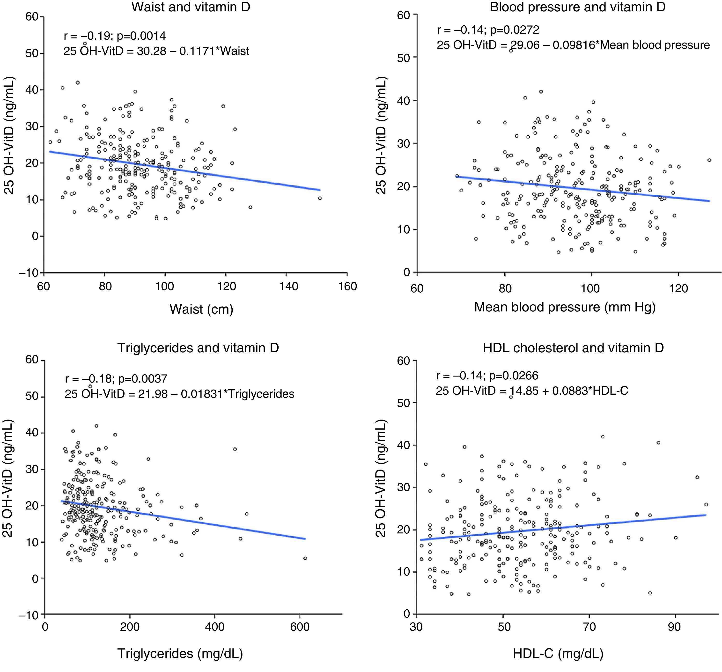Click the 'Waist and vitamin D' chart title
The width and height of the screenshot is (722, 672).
pyautogui.click(x=191, y=7)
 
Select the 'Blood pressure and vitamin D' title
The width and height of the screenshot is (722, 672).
pyautogui.click(x=577, y=7)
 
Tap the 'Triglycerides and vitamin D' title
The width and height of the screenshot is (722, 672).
pyautogui.click(x=198, y=348)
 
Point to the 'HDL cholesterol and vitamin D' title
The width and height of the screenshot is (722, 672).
pyautogui.click(x=573, y=348)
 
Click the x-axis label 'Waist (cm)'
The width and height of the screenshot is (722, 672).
pyautogui.click(x=201, y=309)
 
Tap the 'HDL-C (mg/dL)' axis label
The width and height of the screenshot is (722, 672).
pyautogui.click(x=558, y=654)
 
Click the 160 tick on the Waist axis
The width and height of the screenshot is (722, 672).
pyautogui.click(x=347, y=287)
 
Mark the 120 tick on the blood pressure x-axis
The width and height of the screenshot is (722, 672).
pyautogui.click(x=678, y=288)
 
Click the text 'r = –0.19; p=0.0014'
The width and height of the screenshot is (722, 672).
pyautogui.click(x=115, y=36)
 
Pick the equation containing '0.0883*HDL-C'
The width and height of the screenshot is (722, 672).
pyautogui.click(x=532, y=391)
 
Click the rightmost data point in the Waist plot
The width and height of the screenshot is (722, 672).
pyautogui.click(x=320, y=198)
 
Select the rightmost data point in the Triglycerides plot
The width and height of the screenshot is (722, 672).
pyautogui.click(x=305, y=558)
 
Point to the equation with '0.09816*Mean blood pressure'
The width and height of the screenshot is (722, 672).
pyautogui.click(x=573, y=45)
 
